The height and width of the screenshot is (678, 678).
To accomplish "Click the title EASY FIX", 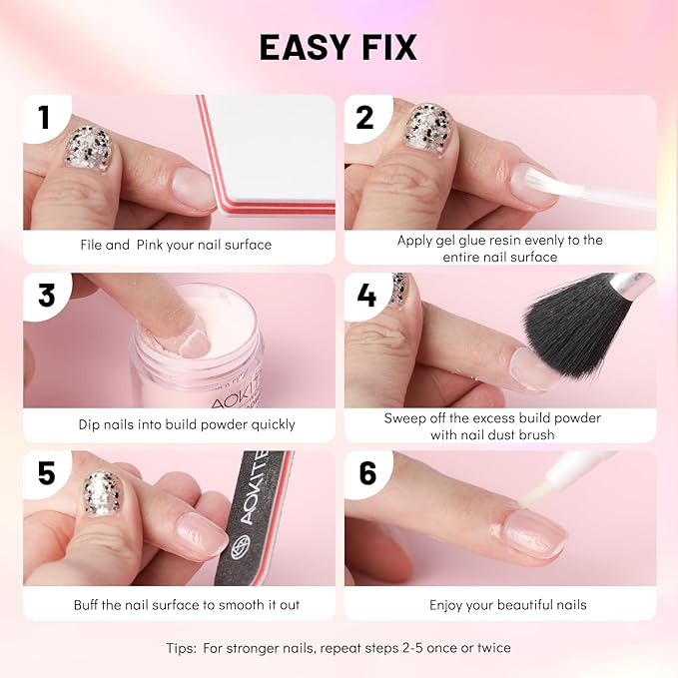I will tap(339, 47).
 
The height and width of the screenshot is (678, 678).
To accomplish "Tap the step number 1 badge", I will tap(44, 118).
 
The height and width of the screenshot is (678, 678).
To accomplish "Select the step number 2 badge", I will tap(364, 118).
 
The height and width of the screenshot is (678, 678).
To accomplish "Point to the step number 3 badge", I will tap(46, 297).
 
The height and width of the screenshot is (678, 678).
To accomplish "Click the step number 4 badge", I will tap(365, 297).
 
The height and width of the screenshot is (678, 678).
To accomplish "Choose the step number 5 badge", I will tap(46, 472).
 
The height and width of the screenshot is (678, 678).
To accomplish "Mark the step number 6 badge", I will tap(367, 472).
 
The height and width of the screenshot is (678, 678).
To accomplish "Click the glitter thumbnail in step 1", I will tap(88, 150).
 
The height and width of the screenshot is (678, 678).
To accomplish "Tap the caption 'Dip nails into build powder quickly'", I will tap(187, 424).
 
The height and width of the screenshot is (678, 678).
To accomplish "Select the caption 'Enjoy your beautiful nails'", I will tap(508, 604).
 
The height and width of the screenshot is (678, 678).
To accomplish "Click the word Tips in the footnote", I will tap(184, 648).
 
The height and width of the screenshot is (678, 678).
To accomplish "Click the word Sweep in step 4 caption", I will tap(405, 417).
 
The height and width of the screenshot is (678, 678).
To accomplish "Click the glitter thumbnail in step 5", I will tap(101, 493).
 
